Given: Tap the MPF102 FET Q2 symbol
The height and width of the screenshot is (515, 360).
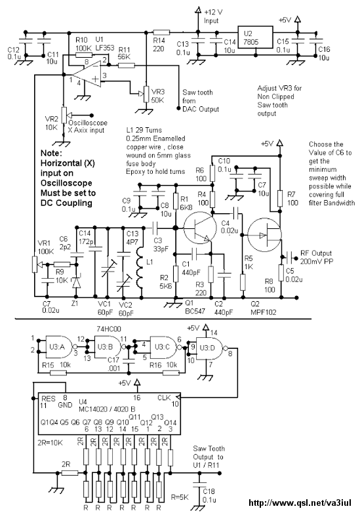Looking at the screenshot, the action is point(264,235).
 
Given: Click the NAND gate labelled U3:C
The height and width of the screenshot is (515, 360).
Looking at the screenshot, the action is point(164,347).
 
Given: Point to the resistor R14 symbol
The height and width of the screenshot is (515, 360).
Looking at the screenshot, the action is point(161,32).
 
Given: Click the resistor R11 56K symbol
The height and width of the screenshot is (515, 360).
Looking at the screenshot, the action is point(126,66).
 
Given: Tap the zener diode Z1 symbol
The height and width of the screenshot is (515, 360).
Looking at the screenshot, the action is point(76,282).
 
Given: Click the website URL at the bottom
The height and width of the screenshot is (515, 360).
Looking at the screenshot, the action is point(300,503).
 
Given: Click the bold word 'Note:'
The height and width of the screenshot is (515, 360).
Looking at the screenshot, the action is point(51,154).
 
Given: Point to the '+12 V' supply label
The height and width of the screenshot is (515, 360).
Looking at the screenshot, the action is point(213,12).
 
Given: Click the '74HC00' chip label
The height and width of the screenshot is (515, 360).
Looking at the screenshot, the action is point(108,329).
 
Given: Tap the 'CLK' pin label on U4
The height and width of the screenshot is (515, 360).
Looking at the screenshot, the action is point(164,398).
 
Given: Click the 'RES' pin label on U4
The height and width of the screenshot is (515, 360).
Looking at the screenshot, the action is point(49,399).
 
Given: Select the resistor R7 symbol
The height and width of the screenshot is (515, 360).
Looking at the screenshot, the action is point(280,198).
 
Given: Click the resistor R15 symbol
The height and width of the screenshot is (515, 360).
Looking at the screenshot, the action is point(58,373).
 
